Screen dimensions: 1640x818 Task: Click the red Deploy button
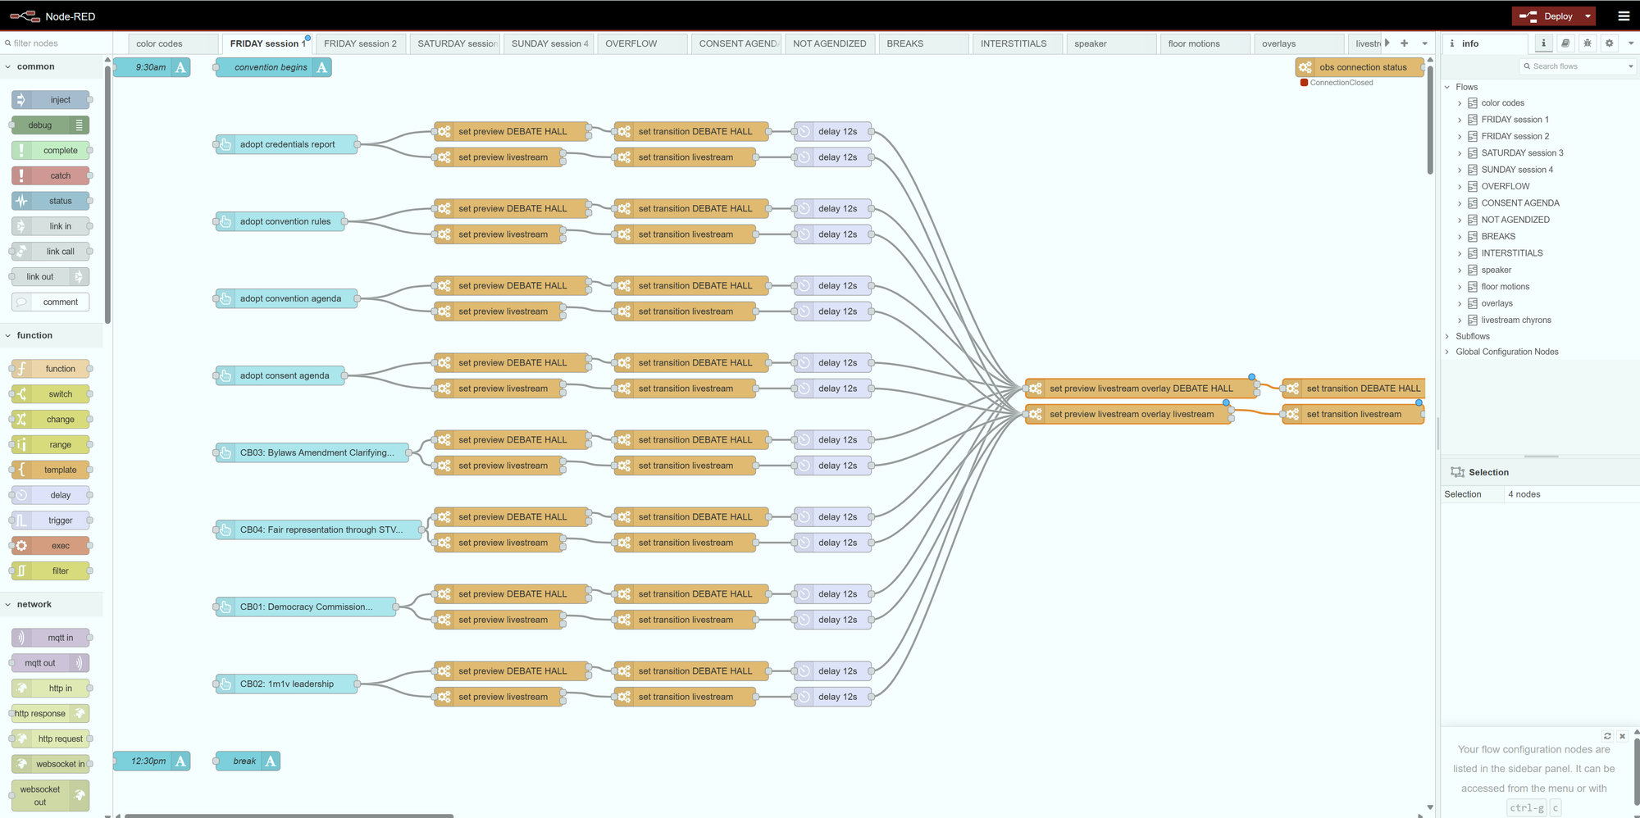point(1547,16)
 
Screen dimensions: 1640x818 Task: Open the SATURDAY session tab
point(457,43)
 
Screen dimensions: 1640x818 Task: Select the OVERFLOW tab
point(643,43)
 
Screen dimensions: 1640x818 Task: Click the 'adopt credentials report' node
point(286,144)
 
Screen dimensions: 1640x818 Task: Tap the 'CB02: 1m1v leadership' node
point(286,684)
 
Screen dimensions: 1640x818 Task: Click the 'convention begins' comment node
point(273,67)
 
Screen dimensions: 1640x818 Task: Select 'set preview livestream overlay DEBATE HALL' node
point(1141,389)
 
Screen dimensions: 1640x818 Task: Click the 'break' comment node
point(247,761)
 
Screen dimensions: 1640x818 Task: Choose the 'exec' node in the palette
point(50,546)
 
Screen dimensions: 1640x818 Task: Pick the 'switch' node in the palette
point(50,394)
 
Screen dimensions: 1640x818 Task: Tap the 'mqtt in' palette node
point(50,638)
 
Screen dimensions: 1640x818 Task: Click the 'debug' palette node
point(50,125)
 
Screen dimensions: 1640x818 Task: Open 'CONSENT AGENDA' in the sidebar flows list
point(1519,203)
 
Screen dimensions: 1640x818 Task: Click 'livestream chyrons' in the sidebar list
point(1515,320)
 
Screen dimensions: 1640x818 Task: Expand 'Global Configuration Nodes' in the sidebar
point(1507,352)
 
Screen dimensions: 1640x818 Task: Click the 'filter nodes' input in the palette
point(53,43)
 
